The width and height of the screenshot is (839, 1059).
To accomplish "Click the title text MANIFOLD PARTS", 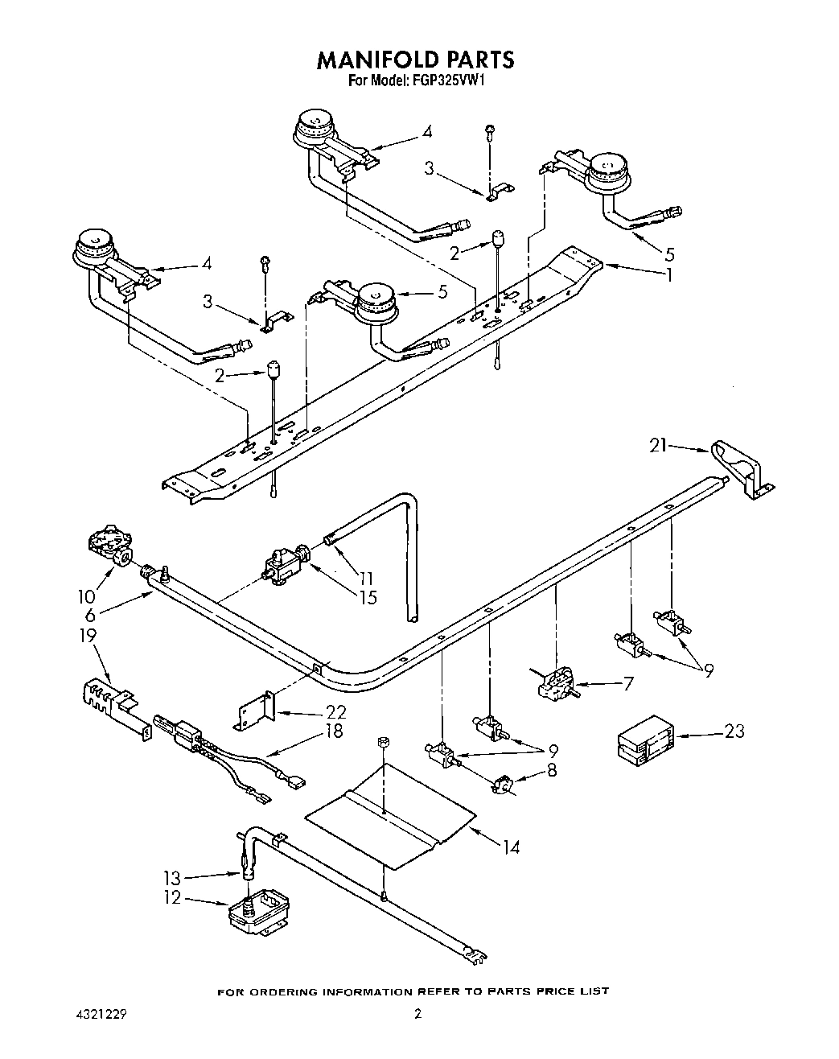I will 415,60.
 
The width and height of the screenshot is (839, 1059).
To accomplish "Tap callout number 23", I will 734,731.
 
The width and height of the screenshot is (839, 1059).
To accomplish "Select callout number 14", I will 511,847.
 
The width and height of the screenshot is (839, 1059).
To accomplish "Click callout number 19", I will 88,636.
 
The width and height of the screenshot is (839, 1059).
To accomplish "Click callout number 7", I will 627,684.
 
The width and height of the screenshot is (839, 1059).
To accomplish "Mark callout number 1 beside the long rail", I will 667,274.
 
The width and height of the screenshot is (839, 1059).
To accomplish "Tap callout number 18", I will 334,731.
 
